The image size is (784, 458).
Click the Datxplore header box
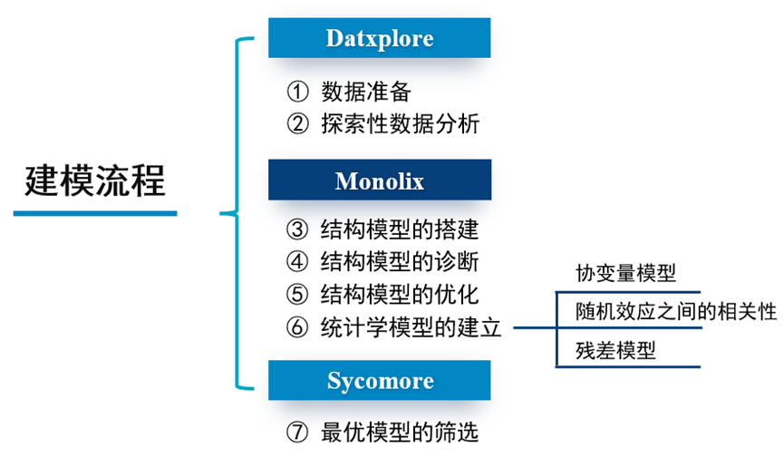tap(379, 38)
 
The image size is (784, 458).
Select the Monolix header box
tap(379, 180)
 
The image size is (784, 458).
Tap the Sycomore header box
tap(379, 380)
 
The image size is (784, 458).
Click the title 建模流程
tap(95, 180)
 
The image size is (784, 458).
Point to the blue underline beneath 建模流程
tap(95, 214)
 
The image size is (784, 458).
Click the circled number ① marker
tap(297, 92)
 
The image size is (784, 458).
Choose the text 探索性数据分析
tap(400, 123)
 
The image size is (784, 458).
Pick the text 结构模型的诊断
tap(400, 262)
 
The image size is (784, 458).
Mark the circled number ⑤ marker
tap(297, 295)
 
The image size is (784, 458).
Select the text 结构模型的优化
tap(400, 295)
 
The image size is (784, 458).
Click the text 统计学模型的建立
tap(411, 327)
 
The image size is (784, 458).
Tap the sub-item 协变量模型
tap(625, 274)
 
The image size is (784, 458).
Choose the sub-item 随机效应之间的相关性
tap(676, 312)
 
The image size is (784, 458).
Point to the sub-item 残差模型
tap(615, 350)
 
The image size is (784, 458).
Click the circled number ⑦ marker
tap(297, 433)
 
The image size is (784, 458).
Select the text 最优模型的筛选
tap(400, 433)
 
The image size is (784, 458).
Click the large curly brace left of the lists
tap(234, 214)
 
